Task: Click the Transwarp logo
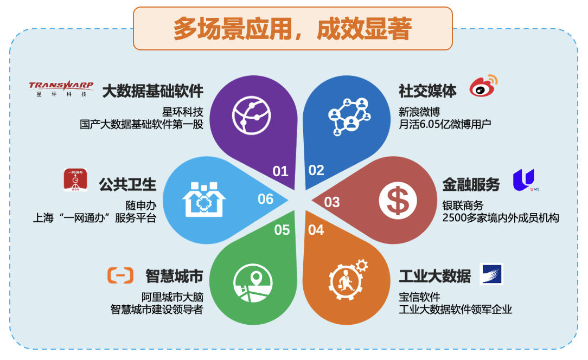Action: coord(61,89)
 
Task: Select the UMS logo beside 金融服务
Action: coord(525,180)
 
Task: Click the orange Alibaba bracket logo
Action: coord(120,275)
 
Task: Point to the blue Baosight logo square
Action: coord(491,274)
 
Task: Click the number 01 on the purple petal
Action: coord(280,171)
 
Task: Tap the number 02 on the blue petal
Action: coord(316,170)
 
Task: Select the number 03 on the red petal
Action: coord(332,202)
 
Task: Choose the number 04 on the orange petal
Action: coord(316,230)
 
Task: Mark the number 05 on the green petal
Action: coord(282,230)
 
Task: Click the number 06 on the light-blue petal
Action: coord(265,199)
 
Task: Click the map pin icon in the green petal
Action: coord(253,284)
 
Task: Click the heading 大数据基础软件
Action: coord(152,91)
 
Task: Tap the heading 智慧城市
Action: coord(174,276)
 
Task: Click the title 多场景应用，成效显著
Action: coord(292,28)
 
